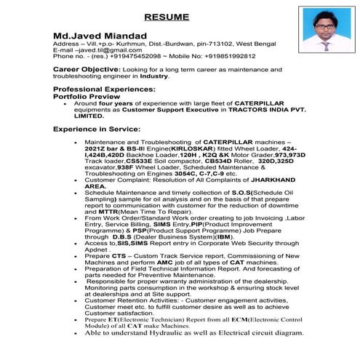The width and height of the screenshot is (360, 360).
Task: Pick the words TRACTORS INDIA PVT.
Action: tap(271, 108)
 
